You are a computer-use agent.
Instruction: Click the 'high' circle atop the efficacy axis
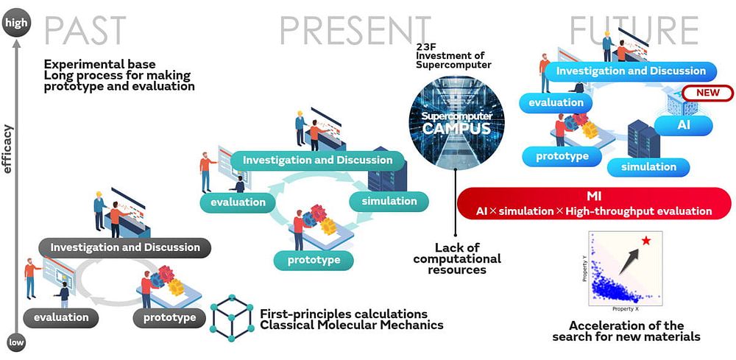point(15,23)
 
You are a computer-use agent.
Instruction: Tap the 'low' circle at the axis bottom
point(15,342)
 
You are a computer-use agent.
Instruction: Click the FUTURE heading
point(634,29)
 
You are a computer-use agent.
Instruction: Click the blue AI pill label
point(684,124)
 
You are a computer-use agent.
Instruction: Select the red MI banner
point(595,204)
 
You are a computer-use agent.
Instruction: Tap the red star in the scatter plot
point(645,240)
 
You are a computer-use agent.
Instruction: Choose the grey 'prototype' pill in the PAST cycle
point(169,318)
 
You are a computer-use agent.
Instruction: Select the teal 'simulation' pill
point(384,200)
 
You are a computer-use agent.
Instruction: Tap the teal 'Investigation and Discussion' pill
point(317,160)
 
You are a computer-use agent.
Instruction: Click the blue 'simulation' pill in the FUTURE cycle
point(648,166)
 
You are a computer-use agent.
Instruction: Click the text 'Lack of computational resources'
point(456,258)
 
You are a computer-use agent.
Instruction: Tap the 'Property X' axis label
point(626,310)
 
